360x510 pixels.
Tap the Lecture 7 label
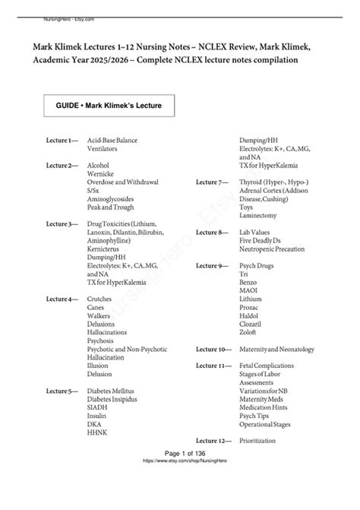[x=213, y=182]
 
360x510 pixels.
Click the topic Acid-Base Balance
[x=112, y=141]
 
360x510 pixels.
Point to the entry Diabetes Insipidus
[x=115, y=399]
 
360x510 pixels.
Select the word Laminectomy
[x=260, y=216]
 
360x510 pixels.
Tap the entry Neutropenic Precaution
[x=273, y=249]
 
